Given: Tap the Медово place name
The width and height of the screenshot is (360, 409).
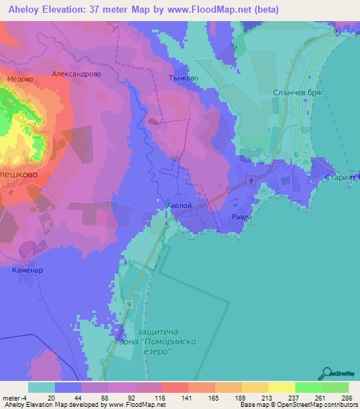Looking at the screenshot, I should [19, 79].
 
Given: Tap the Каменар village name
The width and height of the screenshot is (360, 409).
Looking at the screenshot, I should [28, 269].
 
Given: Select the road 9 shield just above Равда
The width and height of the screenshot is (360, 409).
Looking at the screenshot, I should [250, 181].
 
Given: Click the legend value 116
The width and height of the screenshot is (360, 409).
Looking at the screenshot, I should [161, 398].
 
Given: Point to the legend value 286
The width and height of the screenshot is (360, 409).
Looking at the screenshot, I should [347, 398].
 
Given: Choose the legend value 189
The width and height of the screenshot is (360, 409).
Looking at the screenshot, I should [241, 398].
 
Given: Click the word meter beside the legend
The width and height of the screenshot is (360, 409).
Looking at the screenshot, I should [12, 398].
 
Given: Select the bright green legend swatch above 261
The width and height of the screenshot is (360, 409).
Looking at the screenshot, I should [309, 387].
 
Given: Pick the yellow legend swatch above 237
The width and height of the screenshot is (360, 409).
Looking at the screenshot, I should [282, 387].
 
